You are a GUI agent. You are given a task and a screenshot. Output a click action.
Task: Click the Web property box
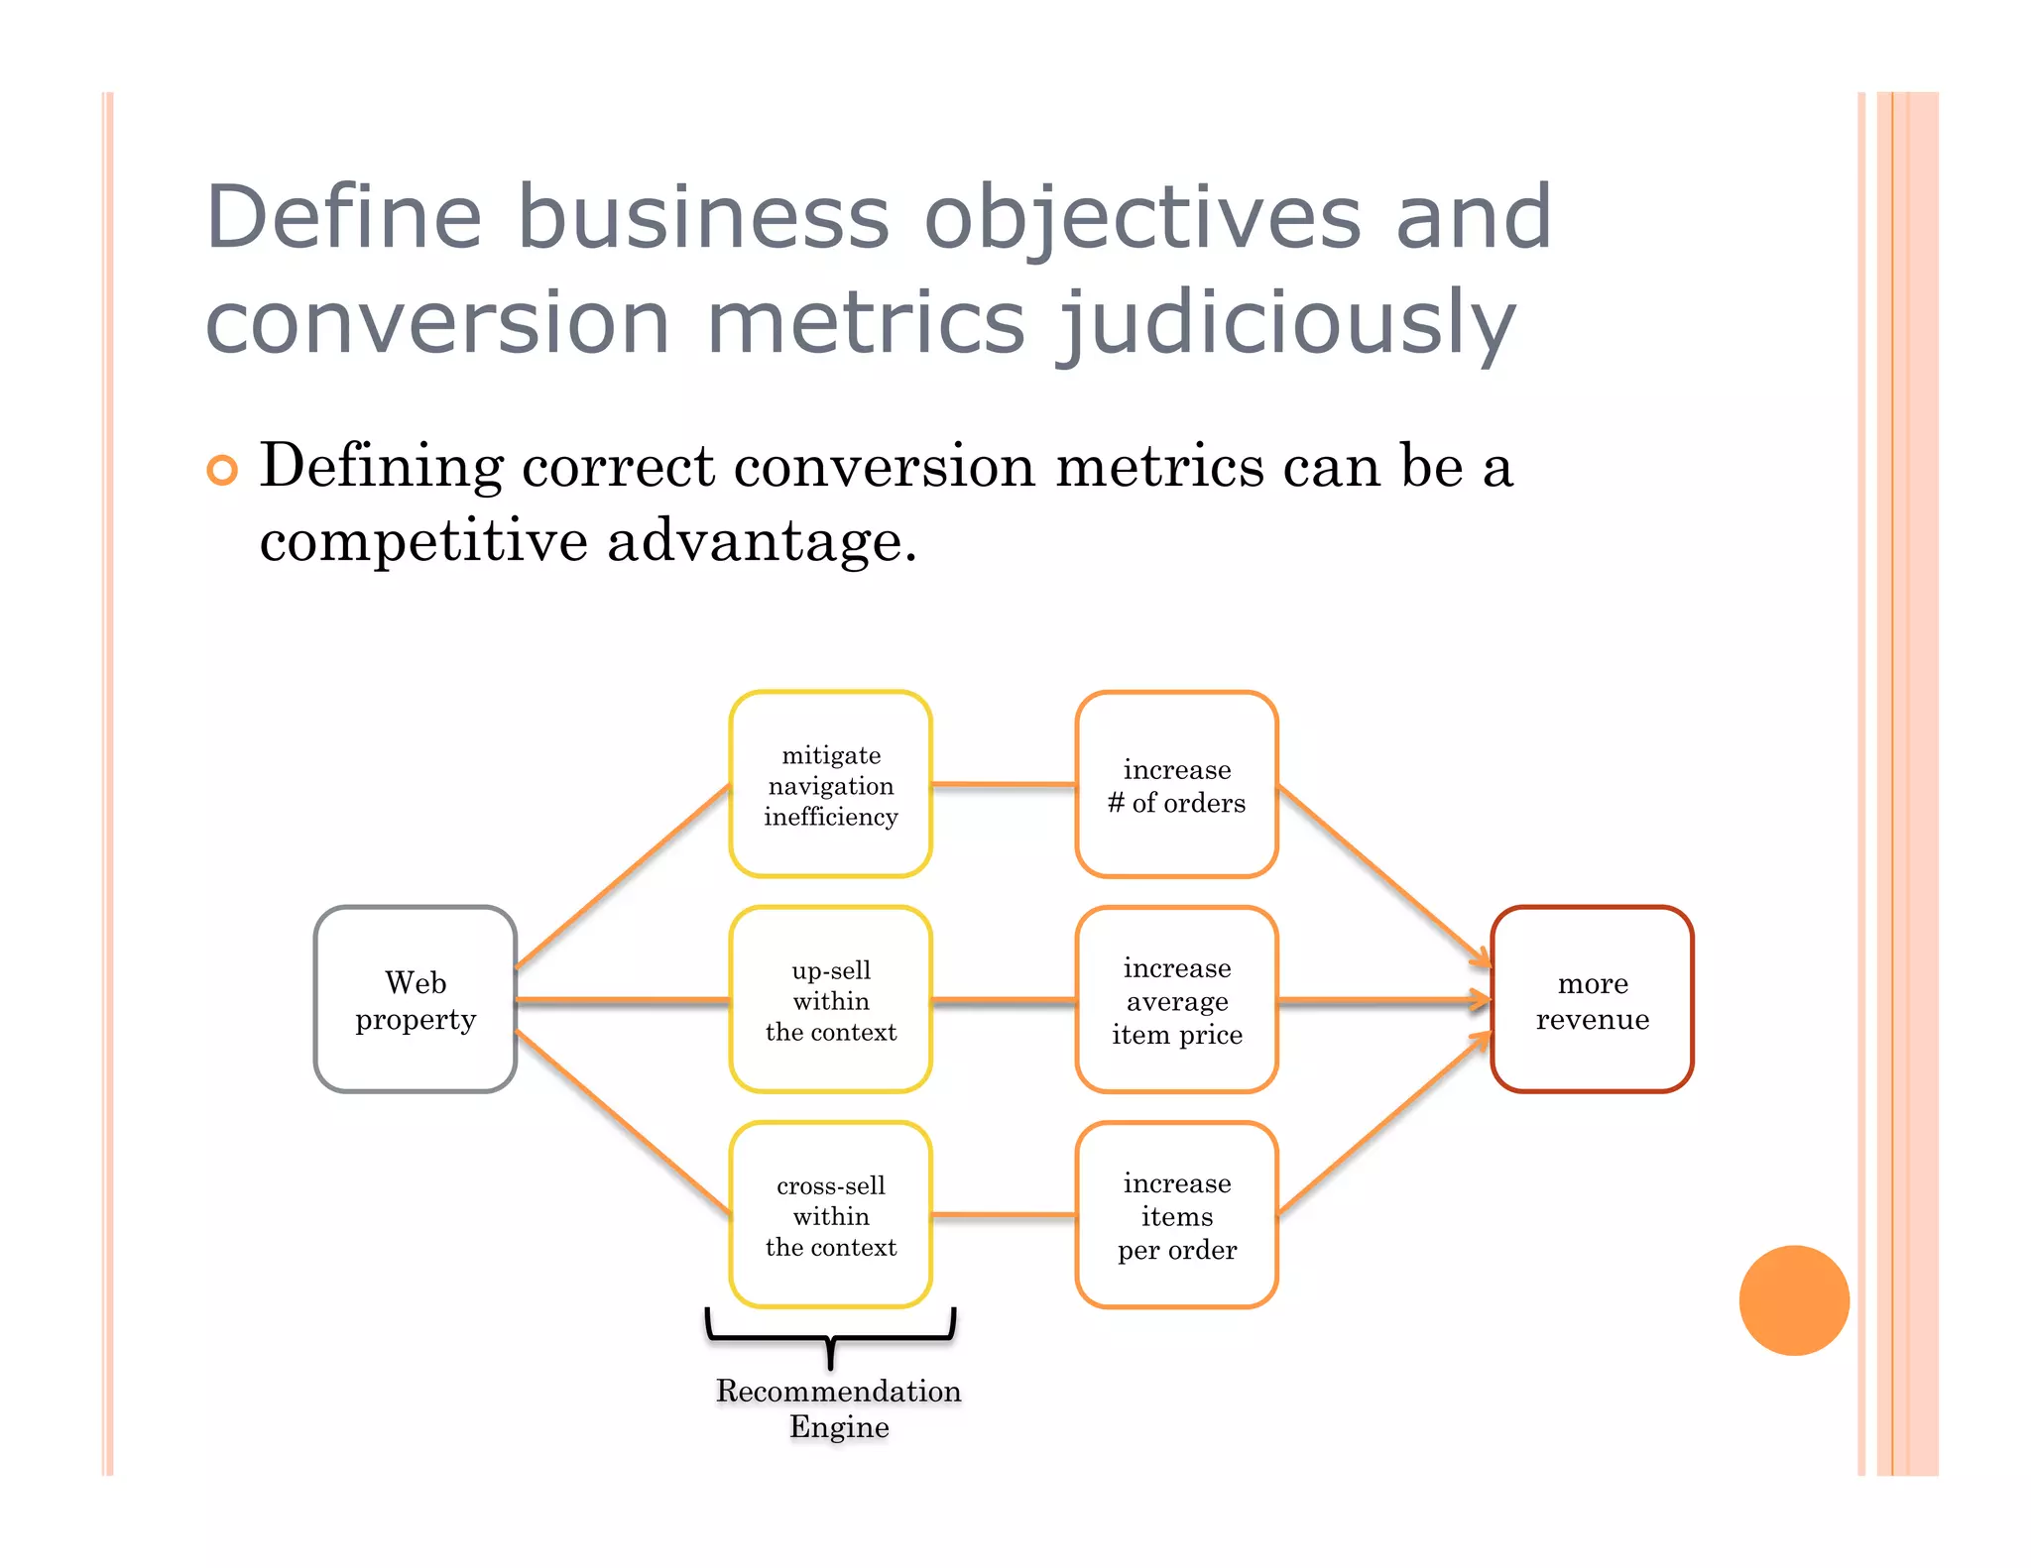click(415, 999)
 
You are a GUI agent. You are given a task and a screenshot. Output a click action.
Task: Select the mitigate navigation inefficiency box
click(830, 784)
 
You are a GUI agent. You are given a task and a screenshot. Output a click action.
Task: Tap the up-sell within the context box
click(830, 999)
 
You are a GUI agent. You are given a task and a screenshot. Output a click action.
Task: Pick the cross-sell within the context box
click(830, 1214)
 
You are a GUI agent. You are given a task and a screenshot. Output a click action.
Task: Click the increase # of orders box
click(1176, 784)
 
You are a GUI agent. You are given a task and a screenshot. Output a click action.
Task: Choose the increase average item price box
click(1176, 999)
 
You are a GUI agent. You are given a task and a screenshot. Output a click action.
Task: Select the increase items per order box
click(1176, 1214)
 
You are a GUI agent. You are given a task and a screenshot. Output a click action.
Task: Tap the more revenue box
click(1592, 999)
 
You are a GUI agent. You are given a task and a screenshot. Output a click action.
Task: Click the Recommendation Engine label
click(838, 1408)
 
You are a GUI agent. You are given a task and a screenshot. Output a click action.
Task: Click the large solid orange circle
click(1794, 1299)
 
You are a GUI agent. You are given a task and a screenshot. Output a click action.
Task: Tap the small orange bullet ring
click(222, 470)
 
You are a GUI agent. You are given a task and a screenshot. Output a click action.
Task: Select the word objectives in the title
click(1141, 217)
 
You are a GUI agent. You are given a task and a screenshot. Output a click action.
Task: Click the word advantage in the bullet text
click(761, 542)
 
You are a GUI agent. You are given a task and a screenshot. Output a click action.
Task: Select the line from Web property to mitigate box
click(623, 874)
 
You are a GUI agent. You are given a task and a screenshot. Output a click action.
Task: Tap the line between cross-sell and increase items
click(1004, 1214)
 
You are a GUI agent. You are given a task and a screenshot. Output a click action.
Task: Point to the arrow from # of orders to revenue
click(1384, 874)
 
